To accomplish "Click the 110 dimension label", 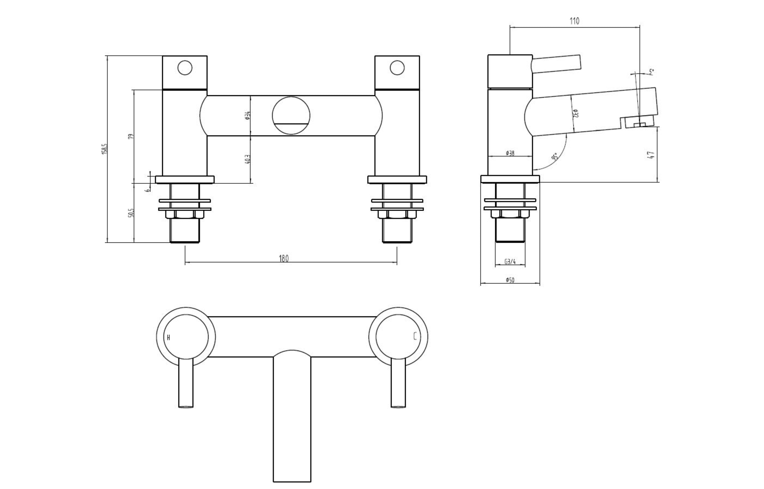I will coord(574,21).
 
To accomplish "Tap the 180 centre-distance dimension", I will coord(284,258).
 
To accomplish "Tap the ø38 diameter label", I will coord(510,153).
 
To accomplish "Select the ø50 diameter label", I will coord(510,280).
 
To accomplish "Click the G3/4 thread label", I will coord(510,262).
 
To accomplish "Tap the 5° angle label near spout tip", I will coord(651,72).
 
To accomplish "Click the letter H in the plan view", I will coord(169,338).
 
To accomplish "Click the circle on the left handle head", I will coord(185,68).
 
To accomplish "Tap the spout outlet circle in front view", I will coord(291,116).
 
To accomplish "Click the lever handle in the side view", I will coord(556,62).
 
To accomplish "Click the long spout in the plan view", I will coord(292,419).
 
